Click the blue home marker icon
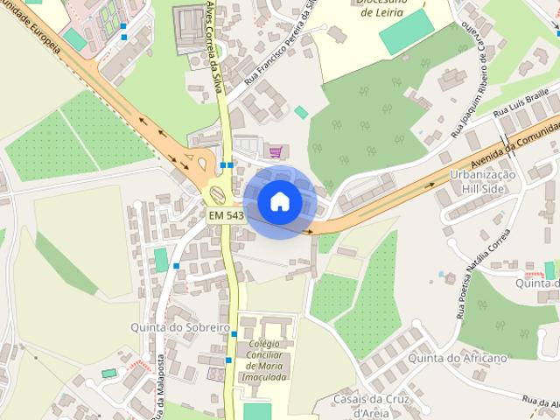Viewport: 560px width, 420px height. tap(279, 202)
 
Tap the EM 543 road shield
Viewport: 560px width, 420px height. tap(226, 215)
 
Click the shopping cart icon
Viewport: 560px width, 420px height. tap(276, 151)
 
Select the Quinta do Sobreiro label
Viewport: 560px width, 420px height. tap(179, 327)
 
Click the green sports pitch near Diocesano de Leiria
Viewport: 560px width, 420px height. tap(406, 31)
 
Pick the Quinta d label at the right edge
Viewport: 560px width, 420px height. tap(537, 283)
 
